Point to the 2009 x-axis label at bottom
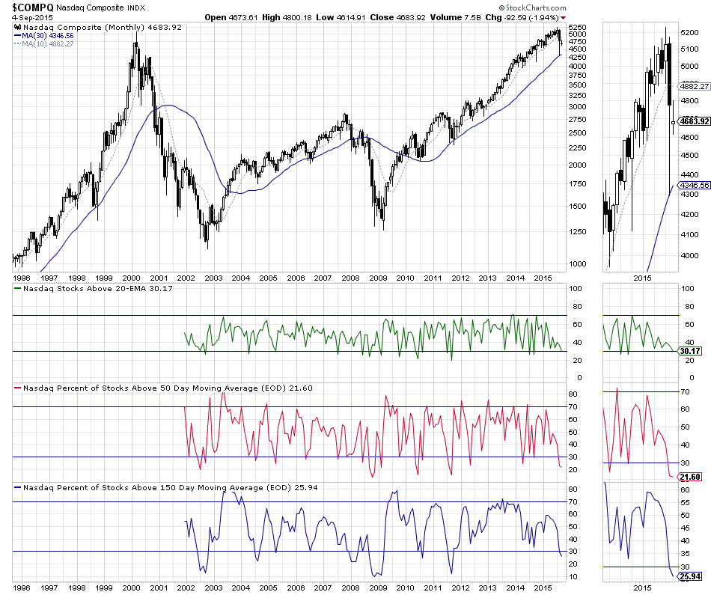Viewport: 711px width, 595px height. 378,589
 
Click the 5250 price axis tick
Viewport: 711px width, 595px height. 578,26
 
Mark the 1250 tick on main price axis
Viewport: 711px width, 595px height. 578,231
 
